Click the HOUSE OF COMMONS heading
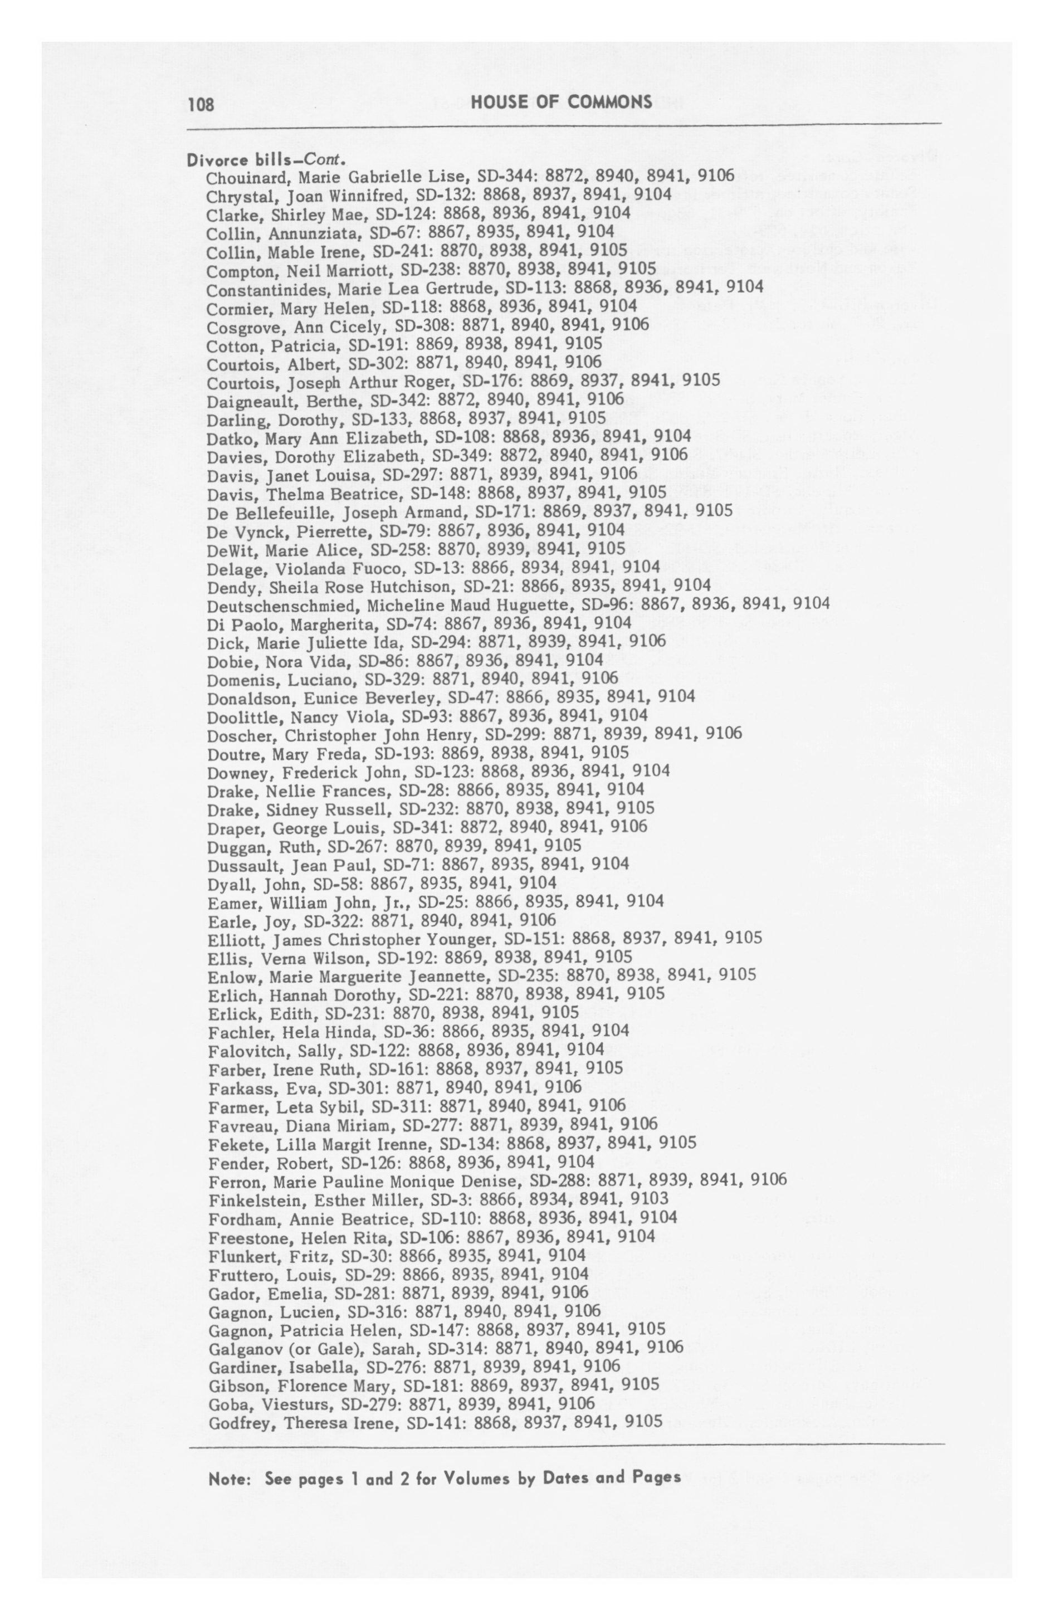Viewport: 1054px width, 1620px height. tap(561, 102)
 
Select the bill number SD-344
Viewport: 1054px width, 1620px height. tap(505, 176)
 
